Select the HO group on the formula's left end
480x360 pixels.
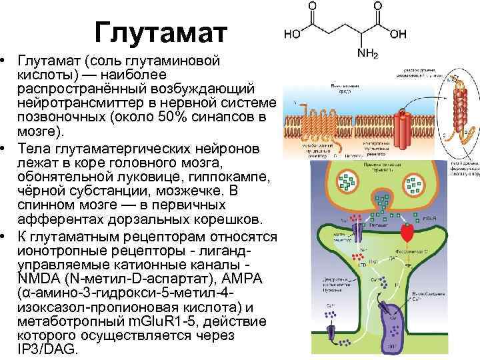pos(292,33)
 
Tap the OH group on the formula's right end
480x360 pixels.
pos(398,33)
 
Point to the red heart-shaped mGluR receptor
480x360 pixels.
pos(407,233)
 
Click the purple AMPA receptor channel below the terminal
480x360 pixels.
pos(355,234)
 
